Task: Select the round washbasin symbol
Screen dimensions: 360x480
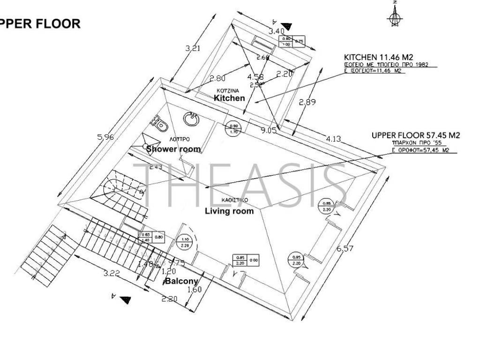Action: coord(192,119)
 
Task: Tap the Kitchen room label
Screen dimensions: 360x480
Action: coord(229,98)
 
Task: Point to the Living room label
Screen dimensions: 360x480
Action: coord(229,211)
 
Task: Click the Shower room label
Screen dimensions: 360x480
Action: coord(173,149)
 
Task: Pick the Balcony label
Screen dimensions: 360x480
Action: coord(181,281)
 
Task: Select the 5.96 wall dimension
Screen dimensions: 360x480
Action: coord(105,137)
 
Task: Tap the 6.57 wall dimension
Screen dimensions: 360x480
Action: coord(345,249)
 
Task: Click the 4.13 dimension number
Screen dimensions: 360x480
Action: coord(333,139)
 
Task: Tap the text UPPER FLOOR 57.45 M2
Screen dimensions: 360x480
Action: coord(415,135)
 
